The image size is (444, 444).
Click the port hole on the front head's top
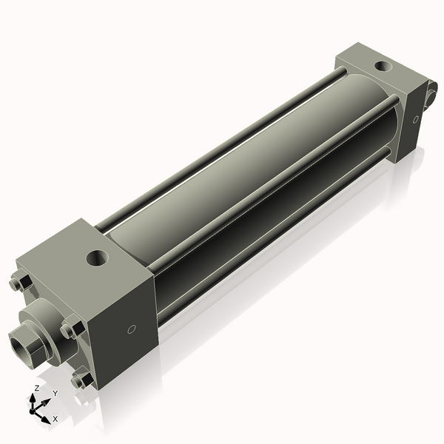click(x=98, y=258)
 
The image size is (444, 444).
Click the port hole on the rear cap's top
click(x=382, y=66)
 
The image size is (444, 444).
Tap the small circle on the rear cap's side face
click(x=416, y=118)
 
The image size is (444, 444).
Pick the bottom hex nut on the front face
click(x=81, y=380)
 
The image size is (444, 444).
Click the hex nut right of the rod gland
click(x=72, y=329)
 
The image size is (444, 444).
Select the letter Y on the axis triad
click(x=55, y=393)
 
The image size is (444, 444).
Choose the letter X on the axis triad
click(x=55, y=419)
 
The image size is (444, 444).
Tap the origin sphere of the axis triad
click(x=38, y=407)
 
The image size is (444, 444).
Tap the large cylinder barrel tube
click(x=244, y=170)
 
